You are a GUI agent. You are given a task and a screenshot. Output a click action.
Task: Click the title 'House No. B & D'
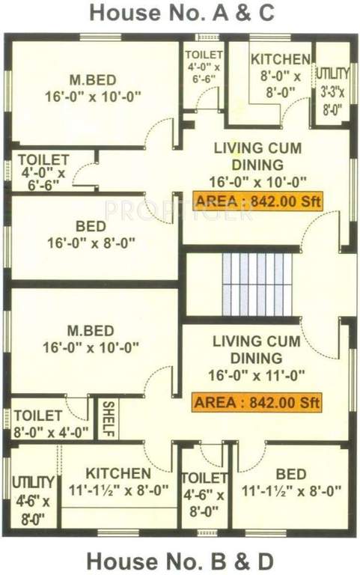(x=180, y=560)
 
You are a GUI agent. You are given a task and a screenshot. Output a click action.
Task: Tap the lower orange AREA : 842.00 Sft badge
(x=257, y=402)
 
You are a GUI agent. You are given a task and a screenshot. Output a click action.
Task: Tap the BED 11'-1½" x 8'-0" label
(x=291, y=483)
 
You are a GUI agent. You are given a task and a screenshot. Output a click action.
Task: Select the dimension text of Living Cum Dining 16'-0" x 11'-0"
(x=257, y=373)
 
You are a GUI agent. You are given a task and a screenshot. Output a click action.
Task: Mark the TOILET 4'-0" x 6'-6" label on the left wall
(x=43, y=172)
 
